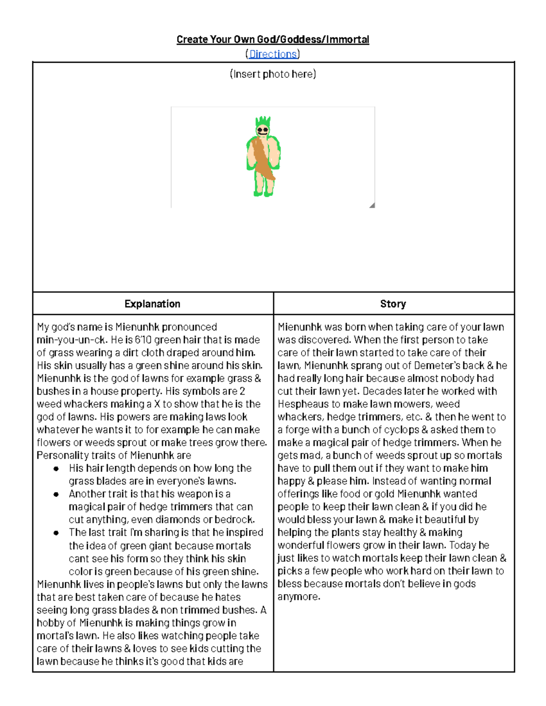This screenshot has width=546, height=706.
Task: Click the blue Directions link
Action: (273, 54)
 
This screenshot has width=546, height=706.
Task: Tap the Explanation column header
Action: (152, 304)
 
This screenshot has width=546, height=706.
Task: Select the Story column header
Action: (393, 304)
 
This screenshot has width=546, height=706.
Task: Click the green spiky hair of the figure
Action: (263, 121)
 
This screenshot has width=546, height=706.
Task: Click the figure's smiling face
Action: (263, 131)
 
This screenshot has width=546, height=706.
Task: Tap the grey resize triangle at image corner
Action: (372, 205)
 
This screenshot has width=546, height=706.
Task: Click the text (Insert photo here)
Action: (273, 74)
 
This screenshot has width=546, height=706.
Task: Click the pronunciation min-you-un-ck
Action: (72, 340)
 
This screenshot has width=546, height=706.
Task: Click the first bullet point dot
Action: (56, 469)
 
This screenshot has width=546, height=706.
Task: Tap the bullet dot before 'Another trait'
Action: (56, 494)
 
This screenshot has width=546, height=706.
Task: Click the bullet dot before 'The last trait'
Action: (56, 533)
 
